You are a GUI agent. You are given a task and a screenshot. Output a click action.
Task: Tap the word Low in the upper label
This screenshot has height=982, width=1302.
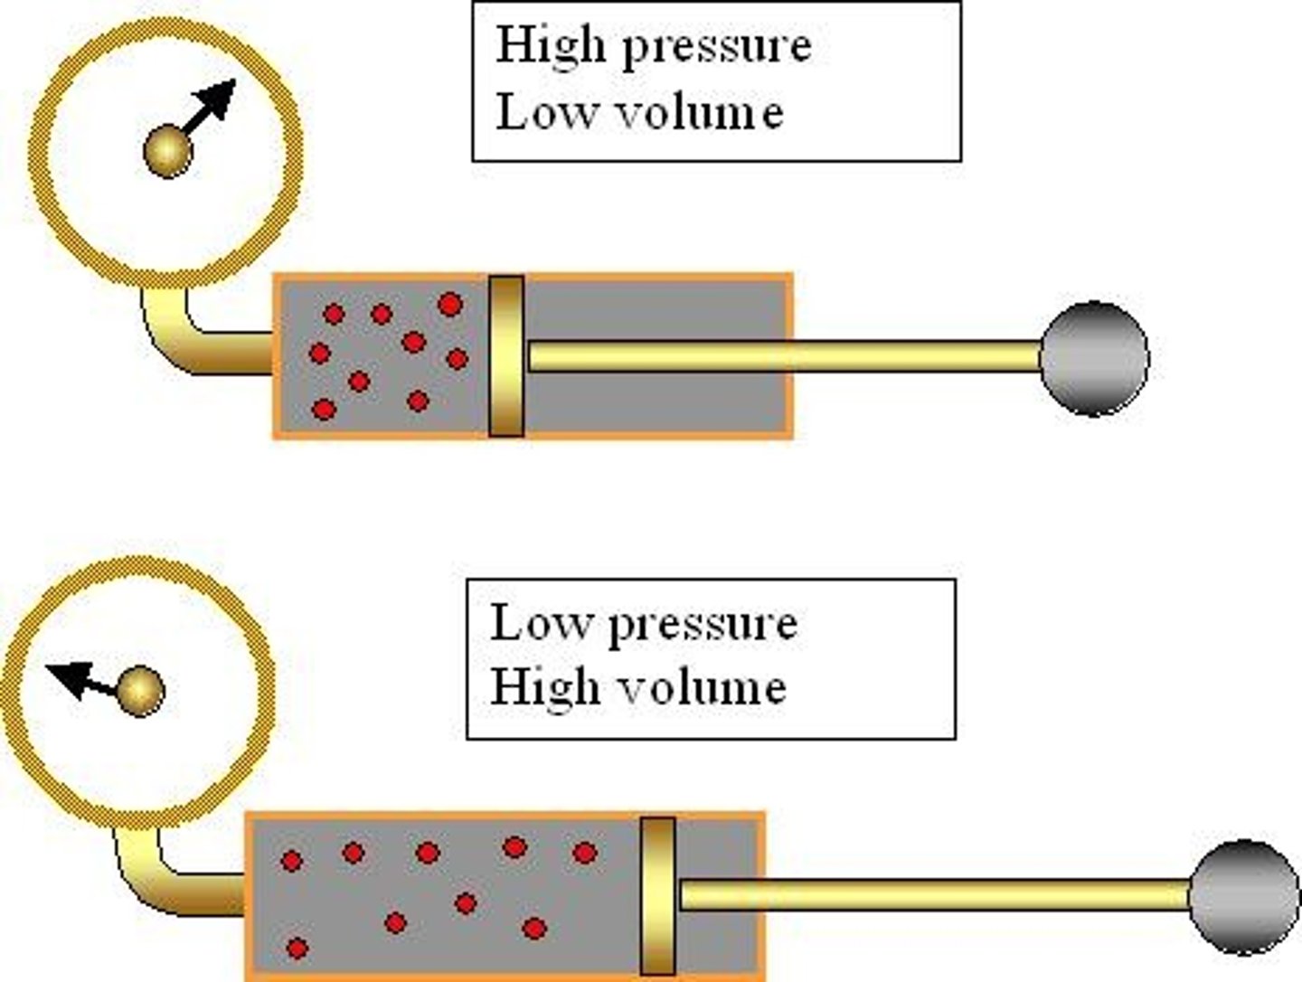[x=534, y=113]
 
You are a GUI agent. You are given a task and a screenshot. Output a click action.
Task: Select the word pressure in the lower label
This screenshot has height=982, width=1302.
[x=703, y=624]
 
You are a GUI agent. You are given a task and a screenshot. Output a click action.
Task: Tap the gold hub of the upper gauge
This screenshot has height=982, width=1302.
[x=168, y=151]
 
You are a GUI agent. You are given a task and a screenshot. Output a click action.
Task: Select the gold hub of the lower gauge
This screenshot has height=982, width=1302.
[x=140, y=692]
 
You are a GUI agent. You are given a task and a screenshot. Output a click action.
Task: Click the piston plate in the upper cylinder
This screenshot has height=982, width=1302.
[x=506, y=356]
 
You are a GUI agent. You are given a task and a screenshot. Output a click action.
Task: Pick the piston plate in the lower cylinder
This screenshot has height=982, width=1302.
[x=657, y=895]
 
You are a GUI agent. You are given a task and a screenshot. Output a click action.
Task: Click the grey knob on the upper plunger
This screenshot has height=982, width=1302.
[x=1094, y=358]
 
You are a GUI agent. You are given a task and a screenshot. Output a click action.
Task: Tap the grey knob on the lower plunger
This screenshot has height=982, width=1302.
[x=1244, y=896]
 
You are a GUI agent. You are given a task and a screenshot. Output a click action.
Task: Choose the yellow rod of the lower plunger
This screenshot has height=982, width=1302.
[x=931, y=895]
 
